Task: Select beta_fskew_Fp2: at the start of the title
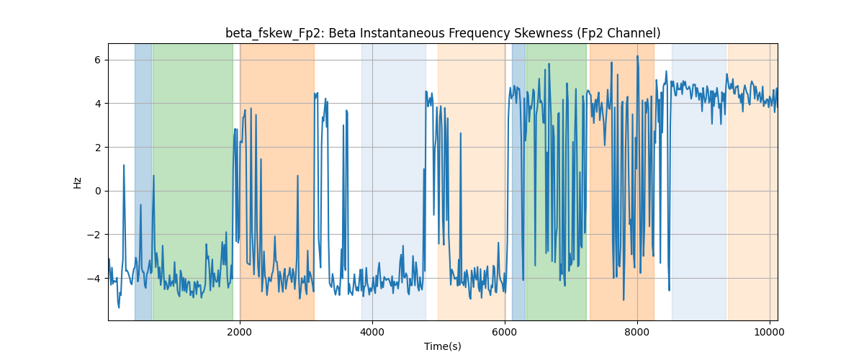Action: [x=275, y=34]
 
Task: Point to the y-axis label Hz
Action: [x=78, y=183]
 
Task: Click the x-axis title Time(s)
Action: [x=442, y=346]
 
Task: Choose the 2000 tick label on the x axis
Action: [x=240, y=332]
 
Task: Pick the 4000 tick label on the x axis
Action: [x=372, y=332]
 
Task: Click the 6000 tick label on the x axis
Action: [x=505, y=332]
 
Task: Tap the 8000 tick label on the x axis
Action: [x=637, y=332]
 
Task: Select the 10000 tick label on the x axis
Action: [x=770, y=332]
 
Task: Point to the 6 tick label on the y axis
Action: [x=97, y=60]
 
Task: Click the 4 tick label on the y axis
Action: [x=97, y=104]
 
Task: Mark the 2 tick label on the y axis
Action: [x=97, y=148]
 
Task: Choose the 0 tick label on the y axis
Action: [x=97, y=191]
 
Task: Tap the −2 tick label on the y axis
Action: [x=94, y=235]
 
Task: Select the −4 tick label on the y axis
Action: [x=94, y=279]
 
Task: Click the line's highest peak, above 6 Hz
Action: [x=637, y=56]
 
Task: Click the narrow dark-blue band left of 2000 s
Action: [x=143, y=181]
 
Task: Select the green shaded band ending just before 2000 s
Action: [x=193, y=181]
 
